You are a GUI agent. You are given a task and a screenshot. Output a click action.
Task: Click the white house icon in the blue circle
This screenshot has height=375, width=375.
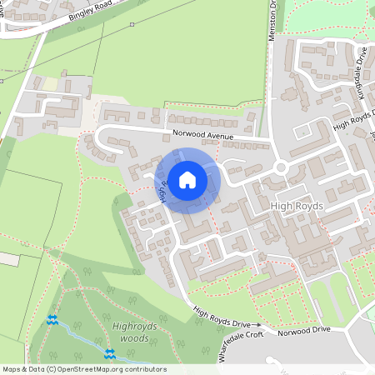187,179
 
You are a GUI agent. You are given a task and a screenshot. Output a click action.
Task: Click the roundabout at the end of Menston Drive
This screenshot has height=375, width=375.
282,167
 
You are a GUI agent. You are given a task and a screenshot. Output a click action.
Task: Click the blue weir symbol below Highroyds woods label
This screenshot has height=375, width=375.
109,355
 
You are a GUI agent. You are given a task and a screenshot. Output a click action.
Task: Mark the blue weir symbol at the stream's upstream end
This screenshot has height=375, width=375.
52,318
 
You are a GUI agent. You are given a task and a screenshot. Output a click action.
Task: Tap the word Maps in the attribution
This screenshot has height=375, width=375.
12,369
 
